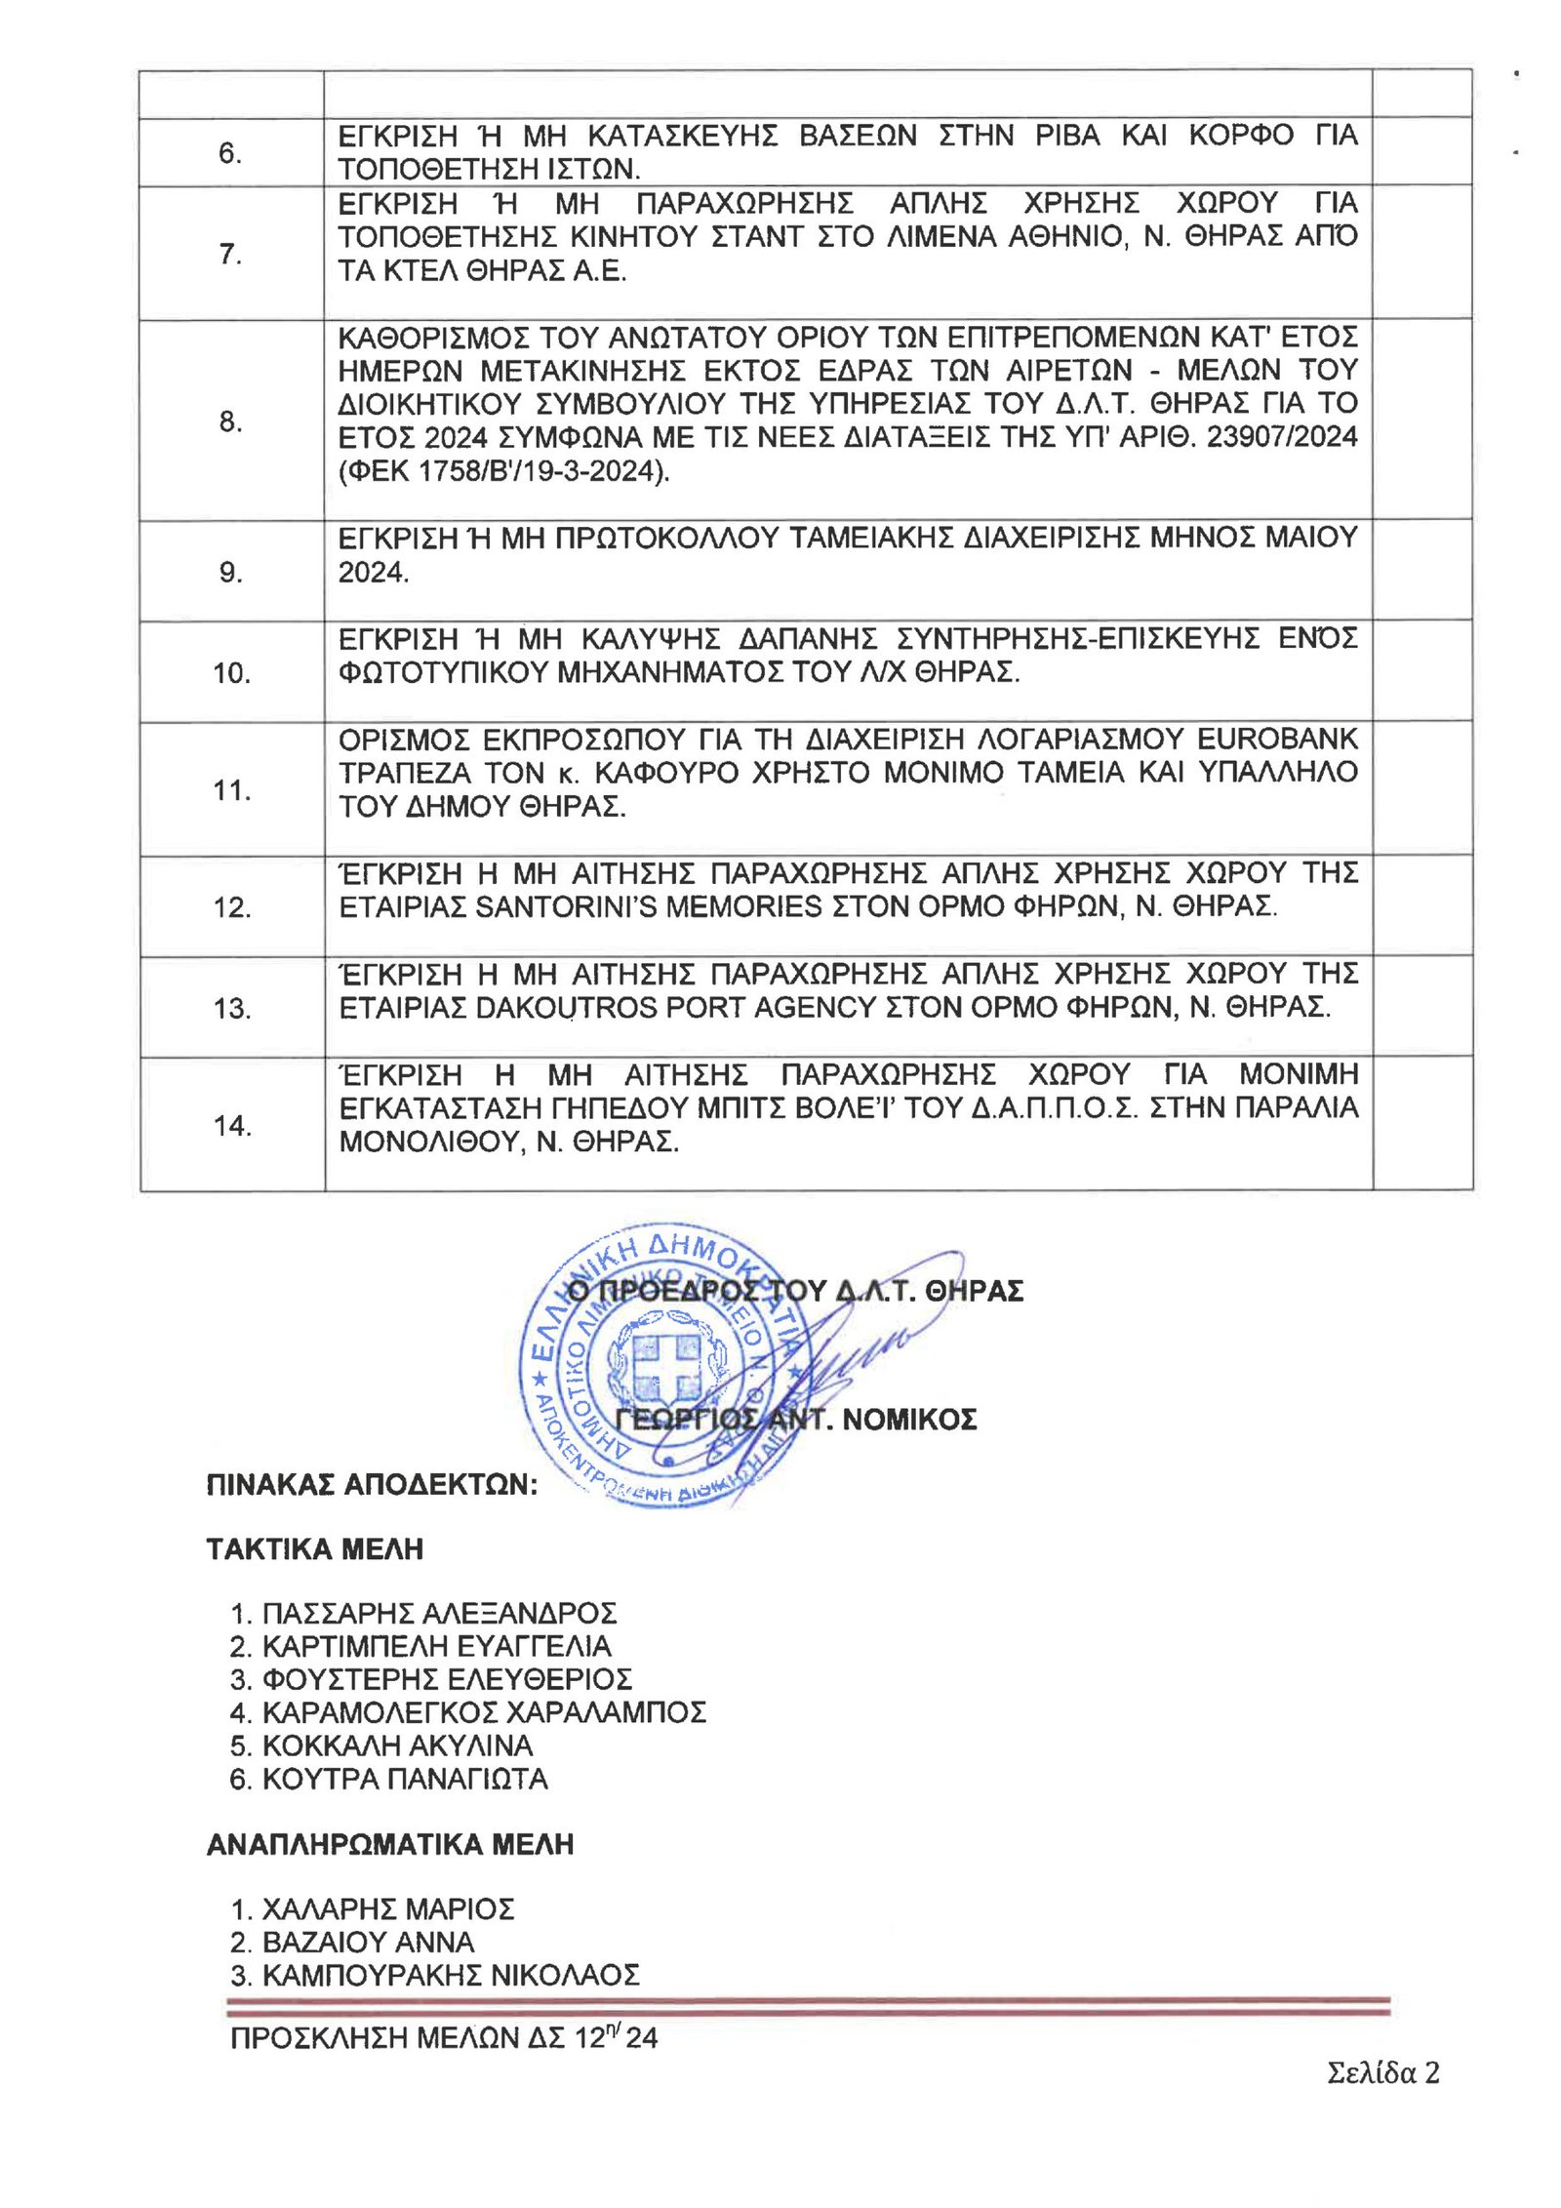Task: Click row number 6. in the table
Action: pyautogui.click(x=229, y=153)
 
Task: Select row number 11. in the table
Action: pyautogui.click(x=232, y=789)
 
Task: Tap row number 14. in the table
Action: pyautogui.click(x=232, y=1125)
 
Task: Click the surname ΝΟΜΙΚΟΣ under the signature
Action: pyautogui.click(x=909, y=1419)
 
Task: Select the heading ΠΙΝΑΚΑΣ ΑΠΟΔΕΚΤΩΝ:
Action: pyautogui.click(x=372, y=1485)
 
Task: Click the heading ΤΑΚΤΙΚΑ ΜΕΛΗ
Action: pyautogui.click(x=314, y=1549)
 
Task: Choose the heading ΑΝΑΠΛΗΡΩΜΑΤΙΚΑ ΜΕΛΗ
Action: pyautogui.click(x=389, y=1844)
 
